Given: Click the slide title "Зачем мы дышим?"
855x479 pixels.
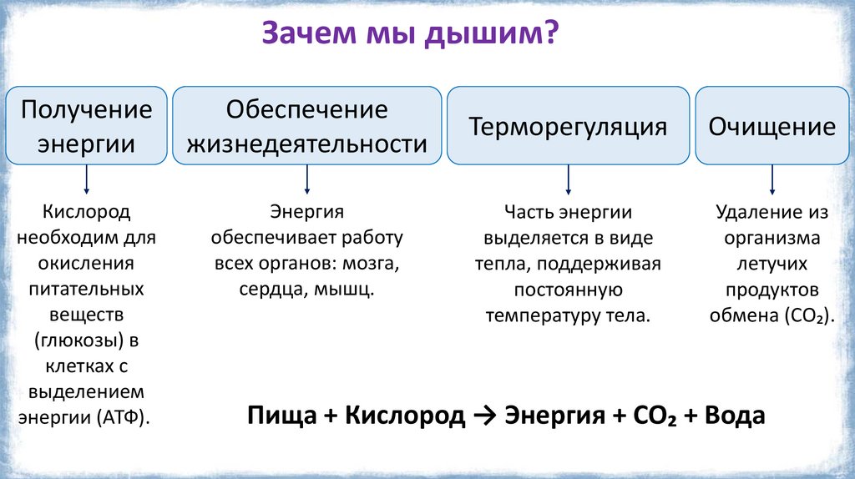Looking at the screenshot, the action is [x=411, y=35].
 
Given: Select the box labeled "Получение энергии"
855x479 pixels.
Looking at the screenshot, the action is [x=87, y=126].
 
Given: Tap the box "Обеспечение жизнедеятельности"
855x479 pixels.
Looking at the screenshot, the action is [x=307, y=126].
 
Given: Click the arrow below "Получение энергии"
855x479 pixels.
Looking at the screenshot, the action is [x=87, y=181].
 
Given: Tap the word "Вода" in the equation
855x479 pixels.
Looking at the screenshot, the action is [x=735, y=416].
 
